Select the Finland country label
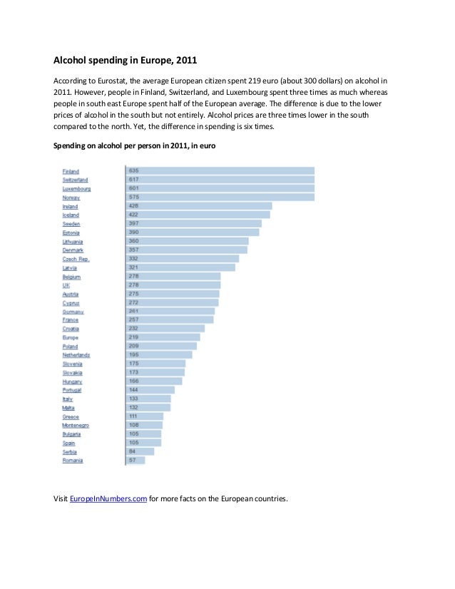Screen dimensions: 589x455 click(x=71, y=171)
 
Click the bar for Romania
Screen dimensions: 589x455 click(x=136, y=460)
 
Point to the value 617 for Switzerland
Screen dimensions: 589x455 click(x=134, y=180)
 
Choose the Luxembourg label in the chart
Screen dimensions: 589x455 click(x=76, y=189)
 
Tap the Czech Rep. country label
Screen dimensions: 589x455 click(x=76, y=259)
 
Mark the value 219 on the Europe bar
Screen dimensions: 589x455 click(x=134, y=337)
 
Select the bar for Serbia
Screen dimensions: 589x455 click(x=140, y=451)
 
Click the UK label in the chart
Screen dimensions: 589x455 click(x=66, y=285)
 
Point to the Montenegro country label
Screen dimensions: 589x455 click(x=76, y=426)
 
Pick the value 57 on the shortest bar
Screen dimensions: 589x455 click(x=133, y=460)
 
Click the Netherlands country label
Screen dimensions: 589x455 click(x=76, y=355)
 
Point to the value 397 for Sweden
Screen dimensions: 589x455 click(x=134, y=223)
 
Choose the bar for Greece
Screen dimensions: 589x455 click(x=145, y=416)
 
